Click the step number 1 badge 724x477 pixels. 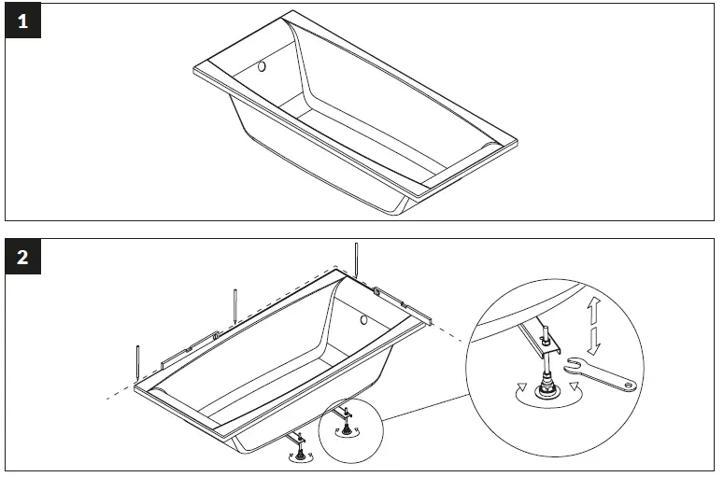tap(22, 23)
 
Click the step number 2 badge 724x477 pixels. tap(22, 259)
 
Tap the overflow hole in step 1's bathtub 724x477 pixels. tap(263, 67)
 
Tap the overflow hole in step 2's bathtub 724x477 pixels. tap(363, 320)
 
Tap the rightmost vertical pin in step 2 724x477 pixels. tap(356, 260)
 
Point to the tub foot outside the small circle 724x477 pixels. tap(301, 452)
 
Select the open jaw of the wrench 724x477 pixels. tap(573, 366)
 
